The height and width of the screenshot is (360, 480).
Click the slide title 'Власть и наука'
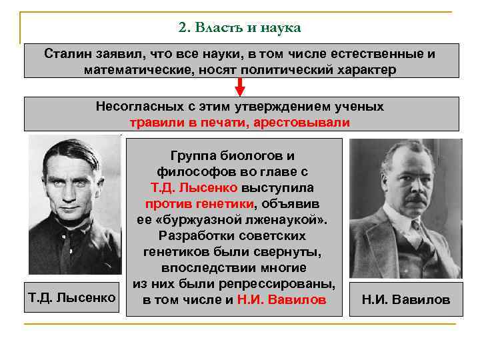pos(248,27)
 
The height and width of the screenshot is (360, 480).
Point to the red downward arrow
pos(241,88)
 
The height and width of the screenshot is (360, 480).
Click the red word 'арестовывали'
pos(311,123)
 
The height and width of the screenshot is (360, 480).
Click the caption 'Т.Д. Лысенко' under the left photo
pos(72,295)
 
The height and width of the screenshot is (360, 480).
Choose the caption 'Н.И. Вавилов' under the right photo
pos(406,299)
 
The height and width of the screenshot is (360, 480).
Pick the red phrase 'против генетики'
pos(200,204)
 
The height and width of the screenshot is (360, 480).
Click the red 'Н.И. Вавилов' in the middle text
pos(282,299)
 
